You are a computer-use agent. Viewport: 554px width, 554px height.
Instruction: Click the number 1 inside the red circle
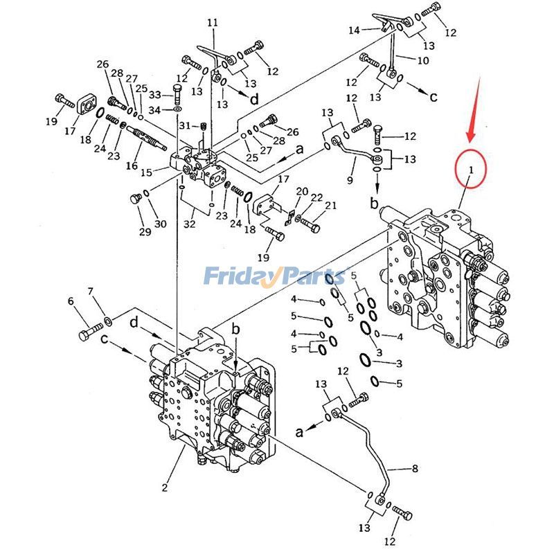[470, 168]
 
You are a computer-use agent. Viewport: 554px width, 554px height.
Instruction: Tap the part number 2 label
[165, 488]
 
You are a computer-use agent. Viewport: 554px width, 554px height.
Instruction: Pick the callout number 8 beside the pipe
[415, 469]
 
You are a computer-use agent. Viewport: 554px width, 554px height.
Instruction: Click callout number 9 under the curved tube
[350, 180]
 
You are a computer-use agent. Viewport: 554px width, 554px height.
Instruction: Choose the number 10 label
[423, 60]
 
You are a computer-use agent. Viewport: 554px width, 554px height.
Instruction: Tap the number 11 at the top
[212, 23]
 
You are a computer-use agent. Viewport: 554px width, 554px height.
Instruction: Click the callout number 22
[316, 198]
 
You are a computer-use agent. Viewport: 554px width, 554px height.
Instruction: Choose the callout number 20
[302, 191]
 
